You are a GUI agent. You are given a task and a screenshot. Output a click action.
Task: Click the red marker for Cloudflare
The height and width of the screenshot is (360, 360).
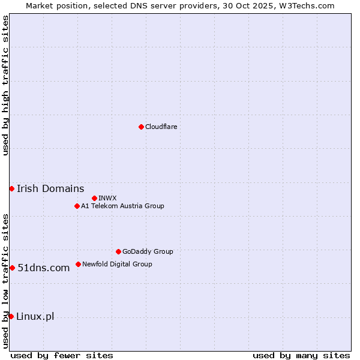pos(141,127)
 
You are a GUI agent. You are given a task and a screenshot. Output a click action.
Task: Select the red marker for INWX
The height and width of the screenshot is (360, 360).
pos(94,198)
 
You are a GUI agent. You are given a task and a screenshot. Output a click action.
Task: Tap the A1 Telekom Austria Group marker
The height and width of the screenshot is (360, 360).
pos(77,206)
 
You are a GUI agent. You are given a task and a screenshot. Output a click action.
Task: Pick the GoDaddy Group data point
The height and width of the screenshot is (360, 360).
pos(118,251)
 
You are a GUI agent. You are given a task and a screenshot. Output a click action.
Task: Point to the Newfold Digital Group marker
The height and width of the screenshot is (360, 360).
pos(78,264)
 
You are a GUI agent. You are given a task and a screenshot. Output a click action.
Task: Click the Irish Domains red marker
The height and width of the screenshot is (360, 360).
pos(11,188)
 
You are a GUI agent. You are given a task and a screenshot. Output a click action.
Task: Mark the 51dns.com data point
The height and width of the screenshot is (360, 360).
pos(12,268)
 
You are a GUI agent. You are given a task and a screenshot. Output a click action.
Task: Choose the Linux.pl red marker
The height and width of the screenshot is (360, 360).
pos(11,316)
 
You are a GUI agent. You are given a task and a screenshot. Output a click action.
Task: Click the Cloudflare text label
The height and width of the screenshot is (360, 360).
pos(161,127)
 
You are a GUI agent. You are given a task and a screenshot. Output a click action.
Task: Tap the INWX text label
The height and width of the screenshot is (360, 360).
pos(107,198)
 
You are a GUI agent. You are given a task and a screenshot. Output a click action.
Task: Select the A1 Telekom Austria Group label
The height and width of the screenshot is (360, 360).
pos(122,206)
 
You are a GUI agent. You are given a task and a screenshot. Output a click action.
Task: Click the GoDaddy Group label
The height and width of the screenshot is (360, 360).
pos(148,251)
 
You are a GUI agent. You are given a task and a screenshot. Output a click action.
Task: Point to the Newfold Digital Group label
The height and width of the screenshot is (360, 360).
pos(117,264)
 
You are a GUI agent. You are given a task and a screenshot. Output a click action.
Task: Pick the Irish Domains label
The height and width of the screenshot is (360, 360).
pos(50,188)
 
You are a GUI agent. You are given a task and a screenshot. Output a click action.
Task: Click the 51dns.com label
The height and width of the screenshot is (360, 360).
pos(43,268)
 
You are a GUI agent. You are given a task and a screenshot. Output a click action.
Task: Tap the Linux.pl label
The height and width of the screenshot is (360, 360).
pos(35,316)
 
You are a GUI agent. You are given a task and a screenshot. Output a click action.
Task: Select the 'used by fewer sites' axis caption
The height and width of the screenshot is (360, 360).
pos(62,355)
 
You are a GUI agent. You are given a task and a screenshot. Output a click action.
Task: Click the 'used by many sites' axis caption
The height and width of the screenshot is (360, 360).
pos(301,355)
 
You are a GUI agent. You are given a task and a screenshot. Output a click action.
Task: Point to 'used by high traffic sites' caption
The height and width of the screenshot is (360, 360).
pos(5,85)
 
